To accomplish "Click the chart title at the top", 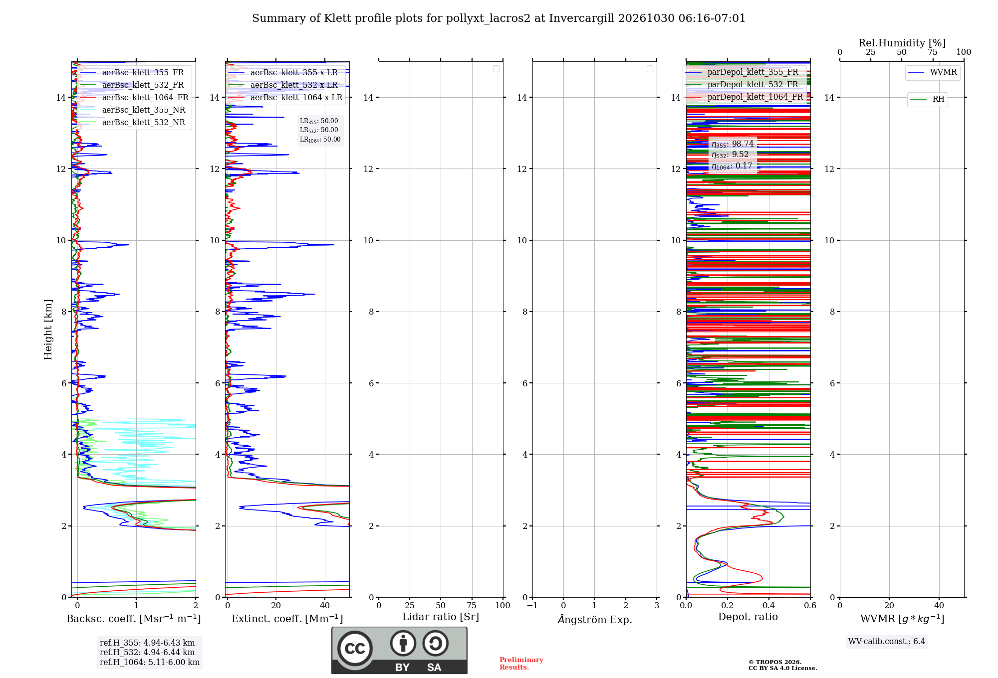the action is pos(499,18).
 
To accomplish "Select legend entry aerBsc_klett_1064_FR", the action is pos(134,98).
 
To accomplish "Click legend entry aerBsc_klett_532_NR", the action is pos(132,123).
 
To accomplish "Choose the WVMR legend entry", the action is pos(933,72).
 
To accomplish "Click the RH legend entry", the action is pos(927,99).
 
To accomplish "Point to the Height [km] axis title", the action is pos(48,330).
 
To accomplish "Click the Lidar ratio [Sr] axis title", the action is pos(441,617).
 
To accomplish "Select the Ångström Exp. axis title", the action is pos(594,619).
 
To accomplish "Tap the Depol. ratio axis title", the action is pos(748,617).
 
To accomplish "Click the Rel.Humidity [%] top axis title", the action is pos(902,43).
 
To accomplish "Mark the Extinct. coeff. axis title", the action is pos(287,619).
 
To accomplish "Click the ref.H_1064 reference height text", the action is pos(150,663).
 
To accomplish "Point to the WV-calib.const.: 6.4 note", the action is pos(887,642).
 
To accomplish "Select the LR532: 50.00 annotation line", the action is pos(319,131).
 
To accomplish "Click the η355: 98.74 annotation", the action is pos(733,144).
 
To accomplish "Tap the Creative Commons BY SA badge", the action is pos(399,651).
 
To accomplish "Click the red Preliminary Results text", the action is pos(521,664).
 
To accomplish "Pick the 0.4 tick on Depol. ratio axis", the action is pos(769,606).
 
